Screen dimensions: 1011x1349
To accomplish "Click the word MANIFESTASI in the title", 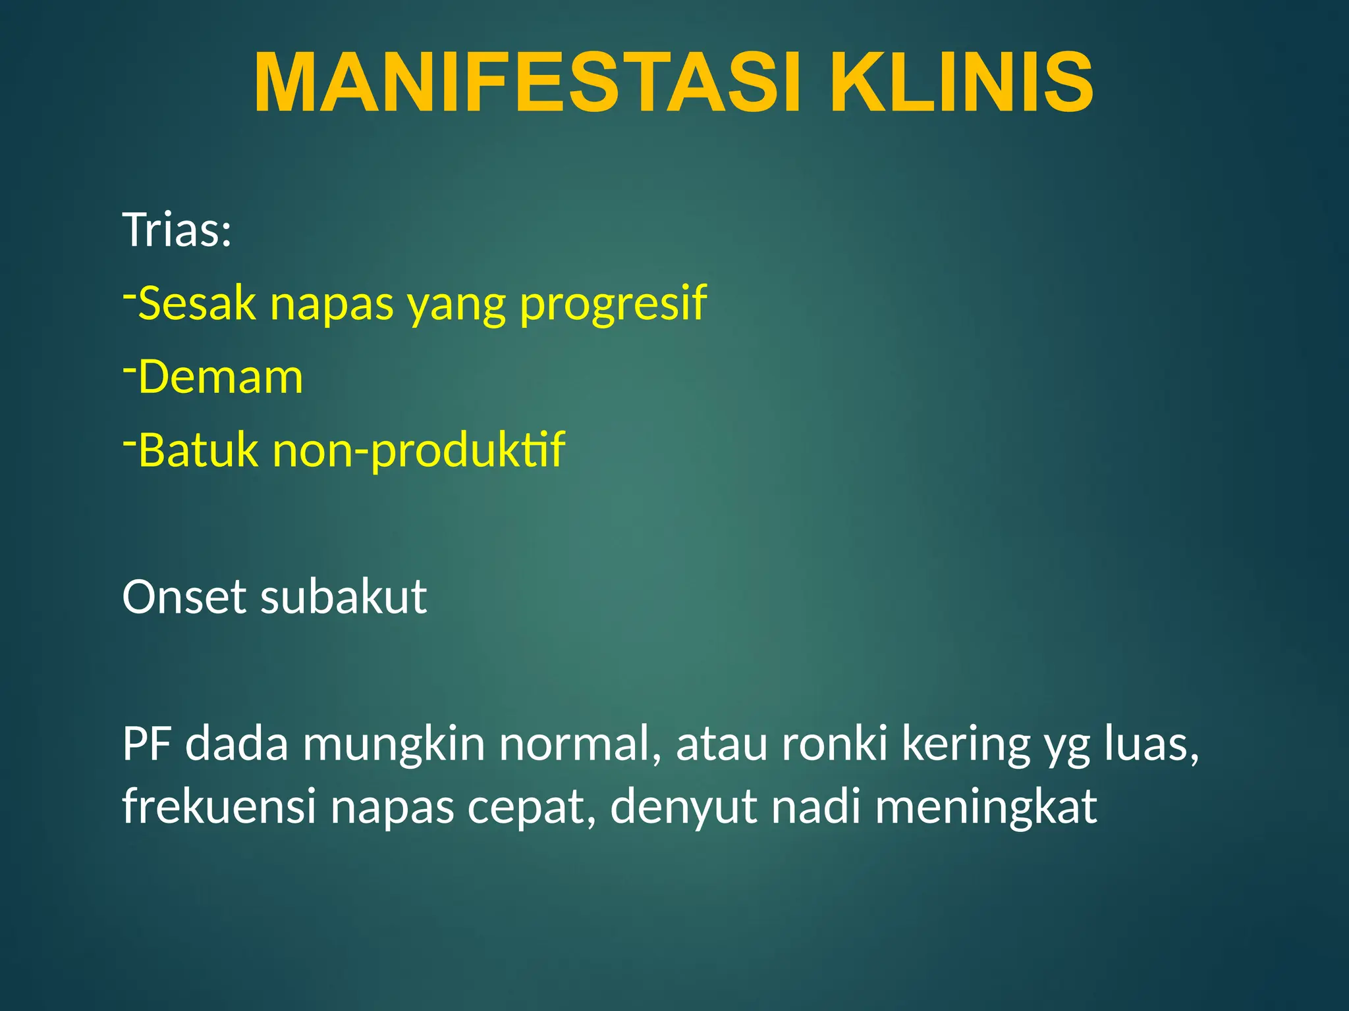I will [527, 84].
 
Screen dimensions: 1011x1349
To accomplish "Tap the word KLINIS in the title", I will [961, 84].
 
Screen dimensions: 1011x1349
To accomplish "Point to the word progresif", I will [613, 304].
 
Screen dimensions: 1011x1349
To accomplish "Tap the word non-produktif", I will [419, 451].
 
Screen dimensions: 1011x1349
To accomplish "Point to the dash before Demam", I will [130, 369].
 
